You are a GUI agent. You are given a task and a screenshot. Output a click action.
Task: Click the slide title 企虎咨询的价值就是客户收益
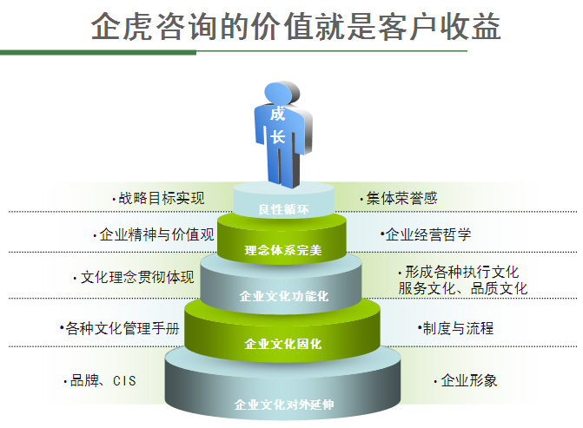(x=295, y=26)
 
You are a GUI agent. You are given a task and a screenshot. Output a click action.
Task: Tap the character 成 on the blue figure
(x=277, y=114)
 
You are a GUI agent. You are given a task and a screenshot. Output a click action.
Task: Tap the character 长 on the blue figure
(x=277, y=136)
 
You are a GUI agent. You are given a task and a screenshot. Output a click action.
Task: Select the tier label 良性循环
(x=284, y=209)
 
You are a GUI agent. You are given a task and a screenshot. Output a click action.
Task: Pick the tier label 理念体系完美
(x=283, y=250)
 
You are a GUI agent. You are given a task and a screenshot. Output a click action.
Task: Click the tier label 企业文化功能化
(x=284, y=296)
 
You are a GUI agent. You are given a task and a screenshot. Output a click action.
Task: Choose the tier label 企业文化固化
(x=283, y=344)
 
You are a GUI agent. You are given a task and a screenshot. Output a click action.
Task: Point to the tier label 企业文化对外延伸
(x=284, y=405)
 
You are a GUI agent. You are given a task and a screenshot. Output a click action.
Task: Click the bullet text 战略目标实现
(x=162, y=199)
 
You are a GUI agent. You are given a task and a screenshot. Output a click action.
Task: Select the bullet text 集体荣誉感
(x=402, y=199)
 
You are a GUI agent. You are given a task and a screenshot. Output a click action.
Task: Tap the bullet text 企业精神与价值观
(x=157, y=234)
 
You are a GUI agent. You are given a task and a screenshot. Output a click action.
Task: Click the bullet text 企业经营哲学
(x=428, y=234)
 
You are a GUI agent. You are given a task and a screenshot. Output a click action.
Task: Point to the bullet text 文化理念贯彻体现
(x=137, y=277)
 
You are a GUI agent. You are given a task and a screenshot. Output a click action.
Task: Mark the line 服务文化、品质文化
(x=463, y=289)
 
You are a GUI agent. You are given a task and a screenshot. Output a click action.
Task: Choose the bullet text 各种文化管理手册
(x=123, y=328)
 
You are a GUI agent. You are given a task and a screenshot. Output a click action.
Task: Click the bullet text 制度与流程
(x=459, y=328)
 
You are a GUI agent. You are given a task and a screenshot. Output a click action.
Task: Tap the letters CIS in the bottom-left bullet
(x=124, y=381)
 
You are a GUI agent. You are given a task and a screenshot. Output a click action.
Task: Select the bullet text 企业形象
(x=469, y=380)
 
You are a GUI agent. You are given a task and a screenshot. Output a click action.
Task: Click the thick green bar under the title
(x=98, y=53)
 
